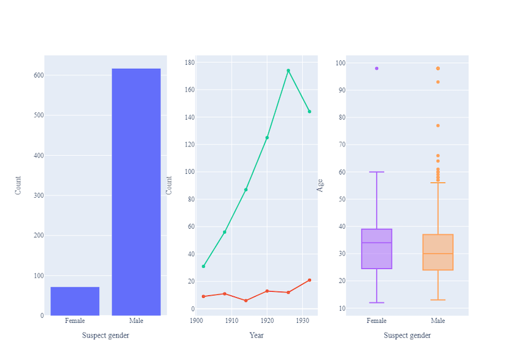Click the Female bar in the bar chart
pos(75,301)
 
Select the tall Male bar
pos(136,192)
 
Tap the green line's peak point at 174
pos(288,71)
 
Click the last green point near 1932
pos(310,112)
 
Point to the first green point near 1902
pos(203,266)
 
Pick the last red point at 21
pos(310,280)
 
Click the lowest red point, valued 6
pos(246,301)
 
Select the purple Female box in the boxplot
pos(376,249)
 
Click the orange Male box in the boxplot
pos(438,252)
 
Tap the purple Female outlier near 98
pos(376,68)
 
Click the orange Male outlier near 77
pos(438,126)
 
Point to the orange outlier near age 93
pos(438,82)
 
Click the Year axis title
pos(256,335)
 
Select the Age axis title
pos(321,185)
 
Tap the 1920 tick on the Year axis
pos(267,320)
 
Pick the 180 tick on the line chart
pos(189,62)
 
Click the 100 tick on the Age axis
pos(340,63)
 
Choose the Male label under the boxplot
pos(438,320)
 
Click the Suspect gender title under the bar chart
pos(106,335)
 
